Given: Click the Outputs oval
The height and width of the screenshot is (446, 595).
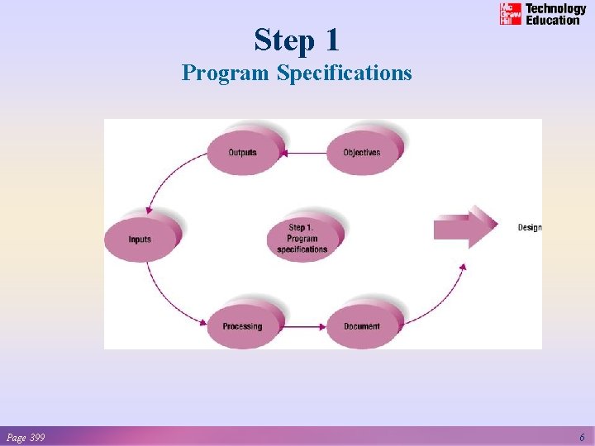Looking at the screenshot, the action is tap(242, 152).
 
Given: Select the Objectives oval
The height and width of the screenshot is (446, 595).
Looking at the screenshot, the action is tap(362, 152).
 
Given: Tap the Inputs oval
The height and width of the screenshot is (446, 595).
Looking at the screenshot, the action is tap(140, 240).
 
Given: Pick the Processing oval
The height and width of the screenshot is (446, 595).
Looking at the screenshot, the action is tap(241, 326).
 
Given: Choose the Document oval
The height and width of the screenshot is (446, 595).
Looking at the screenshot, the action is tap(362, 326).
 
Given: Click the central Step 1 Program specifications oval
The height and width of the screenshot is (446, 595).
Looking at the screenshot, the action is tap(302, 239).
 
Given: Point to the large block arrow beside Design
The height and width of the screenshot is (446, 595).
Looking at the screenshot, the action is tap(464, 227).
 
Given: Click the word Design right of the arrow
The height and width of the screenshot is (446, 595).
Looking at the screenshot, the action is tap(530, 227).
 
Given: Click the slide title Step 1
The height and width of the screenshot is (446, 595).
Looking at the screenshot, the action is tap(297, 40).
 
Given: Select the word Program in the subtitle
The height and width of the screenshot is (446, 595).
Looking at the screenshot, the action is tap(226, 74).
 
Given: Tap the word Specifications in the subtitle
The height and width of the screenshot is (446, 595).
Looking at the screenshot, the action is tap(344, 74).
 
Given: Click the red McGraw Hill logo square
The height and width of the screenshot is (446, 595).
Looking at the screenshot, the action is tap(511, 14).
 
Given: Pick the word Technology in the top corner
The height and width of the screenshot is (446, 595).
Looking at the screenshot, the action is tap(556, 9).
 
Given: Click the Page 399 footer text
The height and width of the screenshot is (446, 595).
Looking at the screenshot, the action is tap(26, 437).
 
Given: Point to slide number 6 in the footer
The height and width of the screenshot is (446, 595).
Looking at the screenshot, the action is tap(582, 437).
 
